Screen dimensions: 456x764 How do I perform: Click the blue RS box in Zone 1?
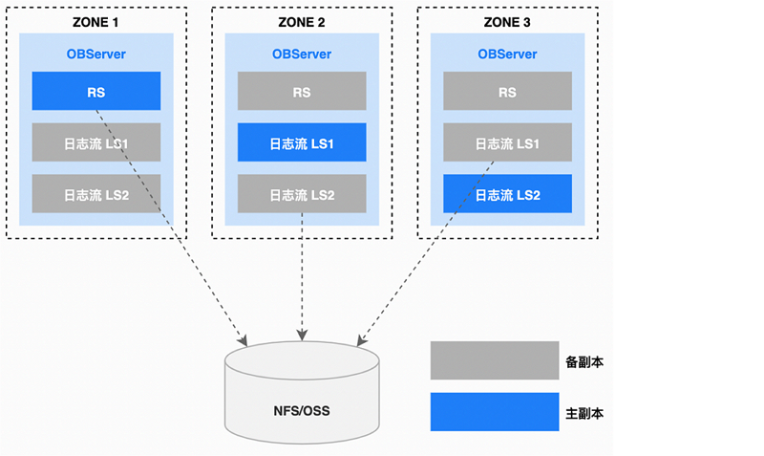[x=95, y=91]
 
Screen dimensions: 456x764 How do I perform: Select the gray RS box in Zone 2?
[x=302, y=91]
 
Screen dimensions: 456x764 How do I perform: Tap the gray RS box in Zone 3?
[x=507, y=91]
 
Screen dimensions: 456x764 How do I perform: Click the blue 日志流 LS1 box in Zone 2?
[x=302, y=142]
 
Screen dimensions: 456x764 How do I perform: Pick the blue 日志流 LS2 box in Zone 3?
[x=507, y=193]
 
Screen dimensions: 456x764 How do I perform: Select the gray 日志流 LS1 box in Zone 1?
[x=95, y=142]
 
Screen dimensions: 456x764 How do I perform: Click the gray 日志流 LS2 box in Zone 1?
[x=95, y=193]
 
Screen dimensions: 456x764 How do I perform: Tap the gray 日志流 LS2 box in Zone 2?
[x=302, y=193]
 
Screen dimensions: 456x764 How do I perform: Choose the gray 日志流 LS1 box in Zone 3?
[x=507, y=142]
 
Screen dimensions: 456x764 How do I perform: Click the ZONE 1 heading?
[x=96, y=21]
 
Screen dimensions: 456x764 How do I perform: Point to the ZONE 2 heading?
[x=302, y=21]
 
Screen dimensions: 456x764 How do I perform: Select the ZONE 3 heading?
[x=508, y=21]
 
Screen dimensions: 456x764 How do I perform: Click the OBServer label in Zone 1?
[x=95, y=54]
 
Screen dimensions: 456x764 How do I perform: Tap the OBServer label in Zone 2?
[x=302, y=54]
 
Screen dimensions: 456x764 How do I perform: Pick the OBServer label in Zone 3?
[x=507, y=54]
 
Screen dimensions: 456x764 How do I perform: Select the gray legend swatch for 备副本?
[x=494, y=361]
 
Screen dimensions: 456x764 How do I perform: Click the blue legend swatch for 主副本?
[x=494, y=412]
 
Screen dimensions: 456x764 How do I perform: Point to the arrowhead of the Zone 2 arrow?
[x=302, y=337]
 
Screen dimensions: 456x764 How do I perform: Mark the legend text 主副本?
[x=584, y=413]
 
